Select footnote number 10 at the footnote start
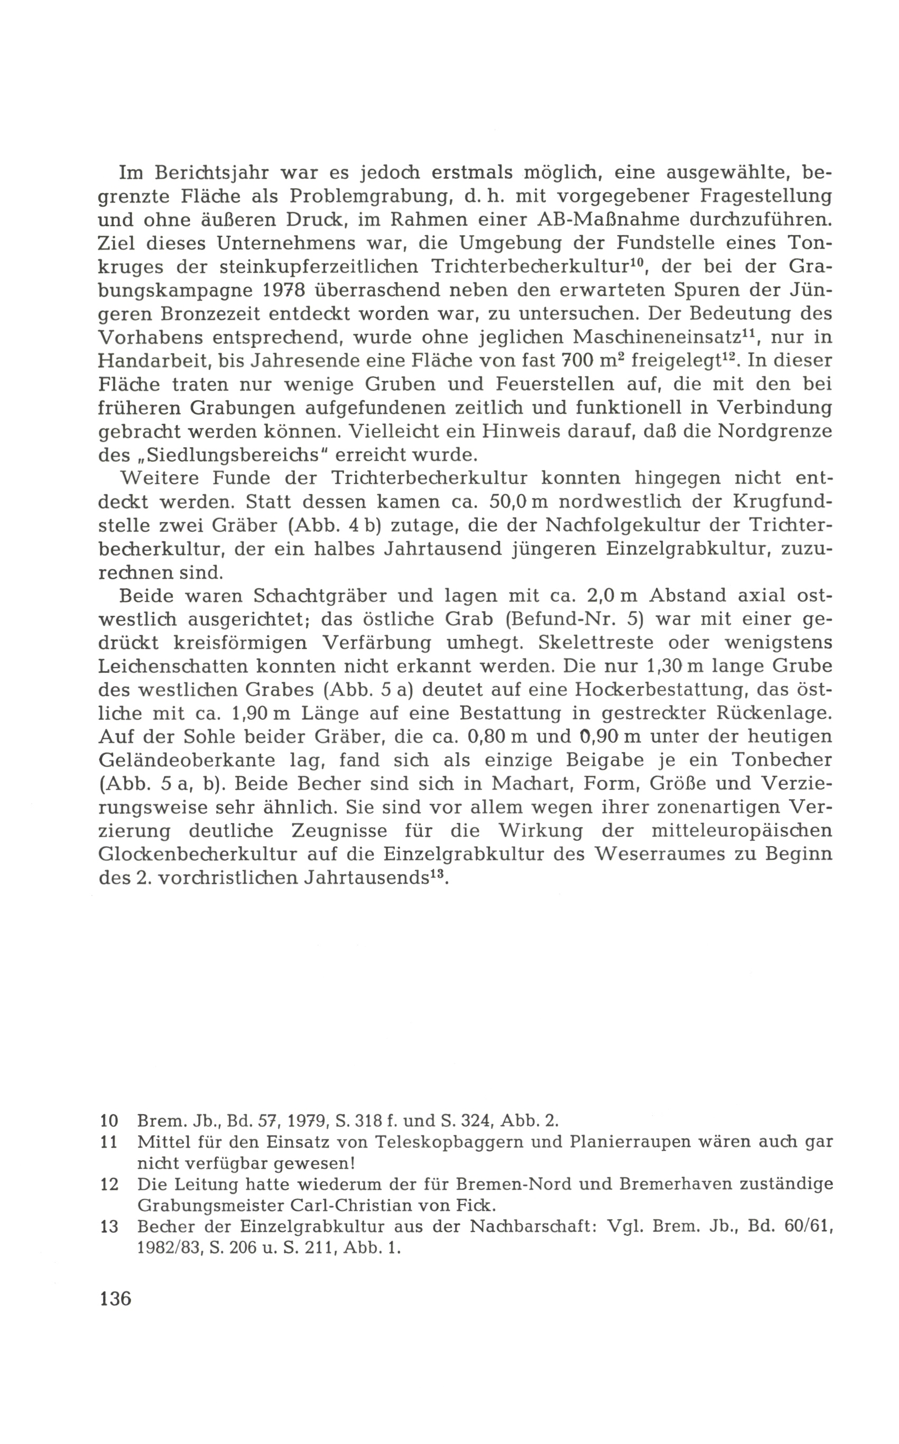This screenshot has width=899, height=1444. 109,1121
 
